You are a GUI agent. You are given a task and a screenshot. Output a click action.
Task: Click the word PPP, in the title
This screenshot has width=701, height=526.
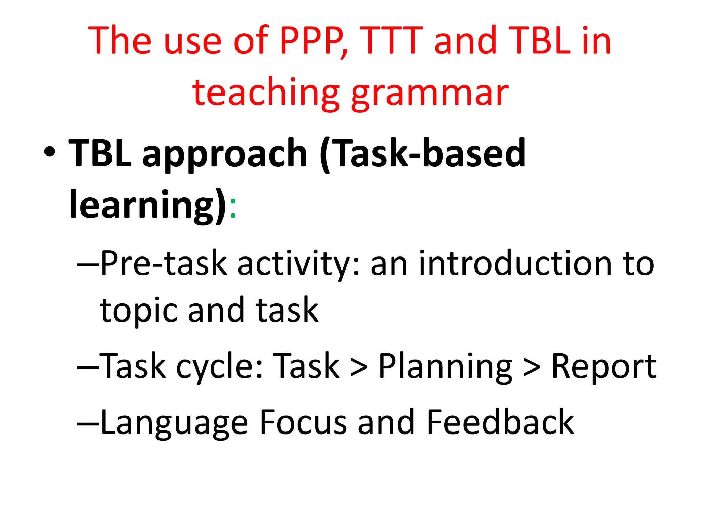(313, 41)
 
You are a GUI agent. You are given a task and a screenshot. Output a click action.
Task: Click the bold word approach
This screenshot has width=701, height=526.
(225, 154)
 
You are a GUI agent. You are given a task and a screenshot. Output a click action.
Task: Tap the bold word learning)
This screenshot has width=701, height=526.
(148, 205)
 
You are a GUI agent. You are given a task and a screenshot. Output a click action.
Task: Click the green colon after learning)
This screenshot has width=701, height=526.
(233, 208)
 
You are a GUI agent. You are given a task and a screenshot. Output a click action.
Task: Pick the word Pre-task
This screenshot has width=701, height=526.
(164, 264)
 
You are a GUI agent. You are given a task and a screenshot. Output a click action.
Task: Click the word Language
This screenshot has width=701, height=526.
(174, 423)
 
